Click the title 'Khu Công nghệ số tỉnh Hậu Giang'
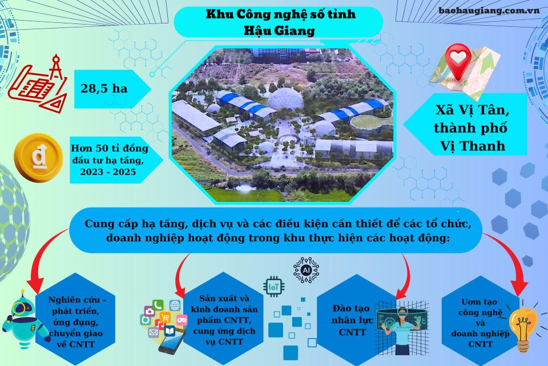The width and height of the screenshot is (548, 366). click(280, 22)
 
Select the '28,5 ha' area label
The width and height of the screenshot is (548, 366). click(104, 89)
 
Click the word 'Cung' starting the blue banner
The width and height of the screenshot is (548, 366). click(99, 222)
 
